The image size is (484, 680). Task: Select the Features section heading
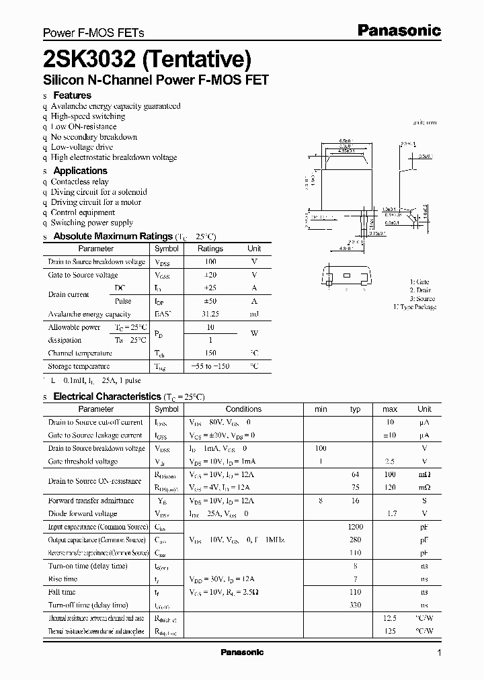[x=72, y=95]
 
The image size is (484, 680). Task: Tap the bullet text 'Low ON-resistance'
[x=83, y=126]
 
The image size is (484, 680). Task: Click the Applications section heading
[x=80, y=171]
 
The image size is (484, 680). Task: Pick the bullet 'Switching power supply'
[x=92, y=222]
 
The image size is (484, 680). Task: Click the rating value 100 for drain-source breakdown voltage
[x=210, y=261]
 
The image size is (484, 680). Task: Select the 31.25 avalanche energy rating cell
[x=210, y=314]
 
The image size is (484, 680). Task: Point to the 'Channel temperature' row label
[x=80, y=353]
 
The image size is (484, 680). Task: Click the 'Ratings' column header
[x=210, y=249]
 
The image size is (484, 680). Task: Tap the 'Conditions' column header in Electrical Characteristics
[x=243, y=409]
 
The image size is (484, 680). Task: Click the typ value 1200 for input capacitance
[x=356, y=526]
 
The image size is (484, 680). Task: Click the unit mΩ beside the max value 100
[x=424, y=474]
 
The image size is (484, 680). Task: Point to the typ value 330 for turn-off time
[x=356, y=605]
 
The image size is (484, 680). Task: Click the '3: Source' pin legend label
[x=422, y=298]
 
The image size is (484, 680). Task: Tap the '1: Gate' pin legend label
[x=419, y=282]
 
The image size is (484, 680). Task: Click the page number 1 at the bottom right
[x=439, y=653]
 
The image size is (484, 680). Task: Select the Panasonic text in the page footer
[x=242, y=652]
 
